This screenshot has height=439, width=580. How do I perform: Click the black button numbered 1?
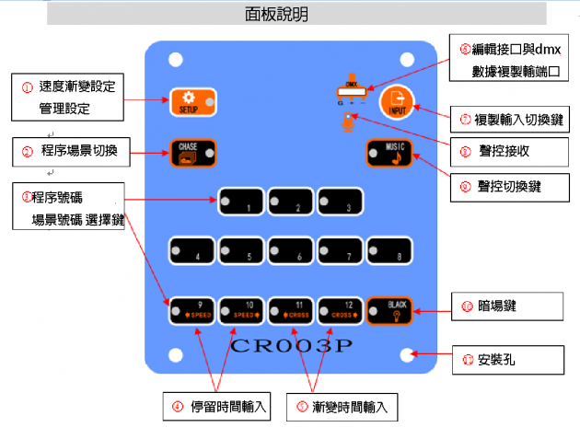[242, 202]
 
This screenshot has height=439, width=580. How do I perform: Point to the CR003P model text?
[294, 346]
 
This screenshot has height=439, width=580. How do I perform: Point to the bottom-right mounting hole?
[407, 355]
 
